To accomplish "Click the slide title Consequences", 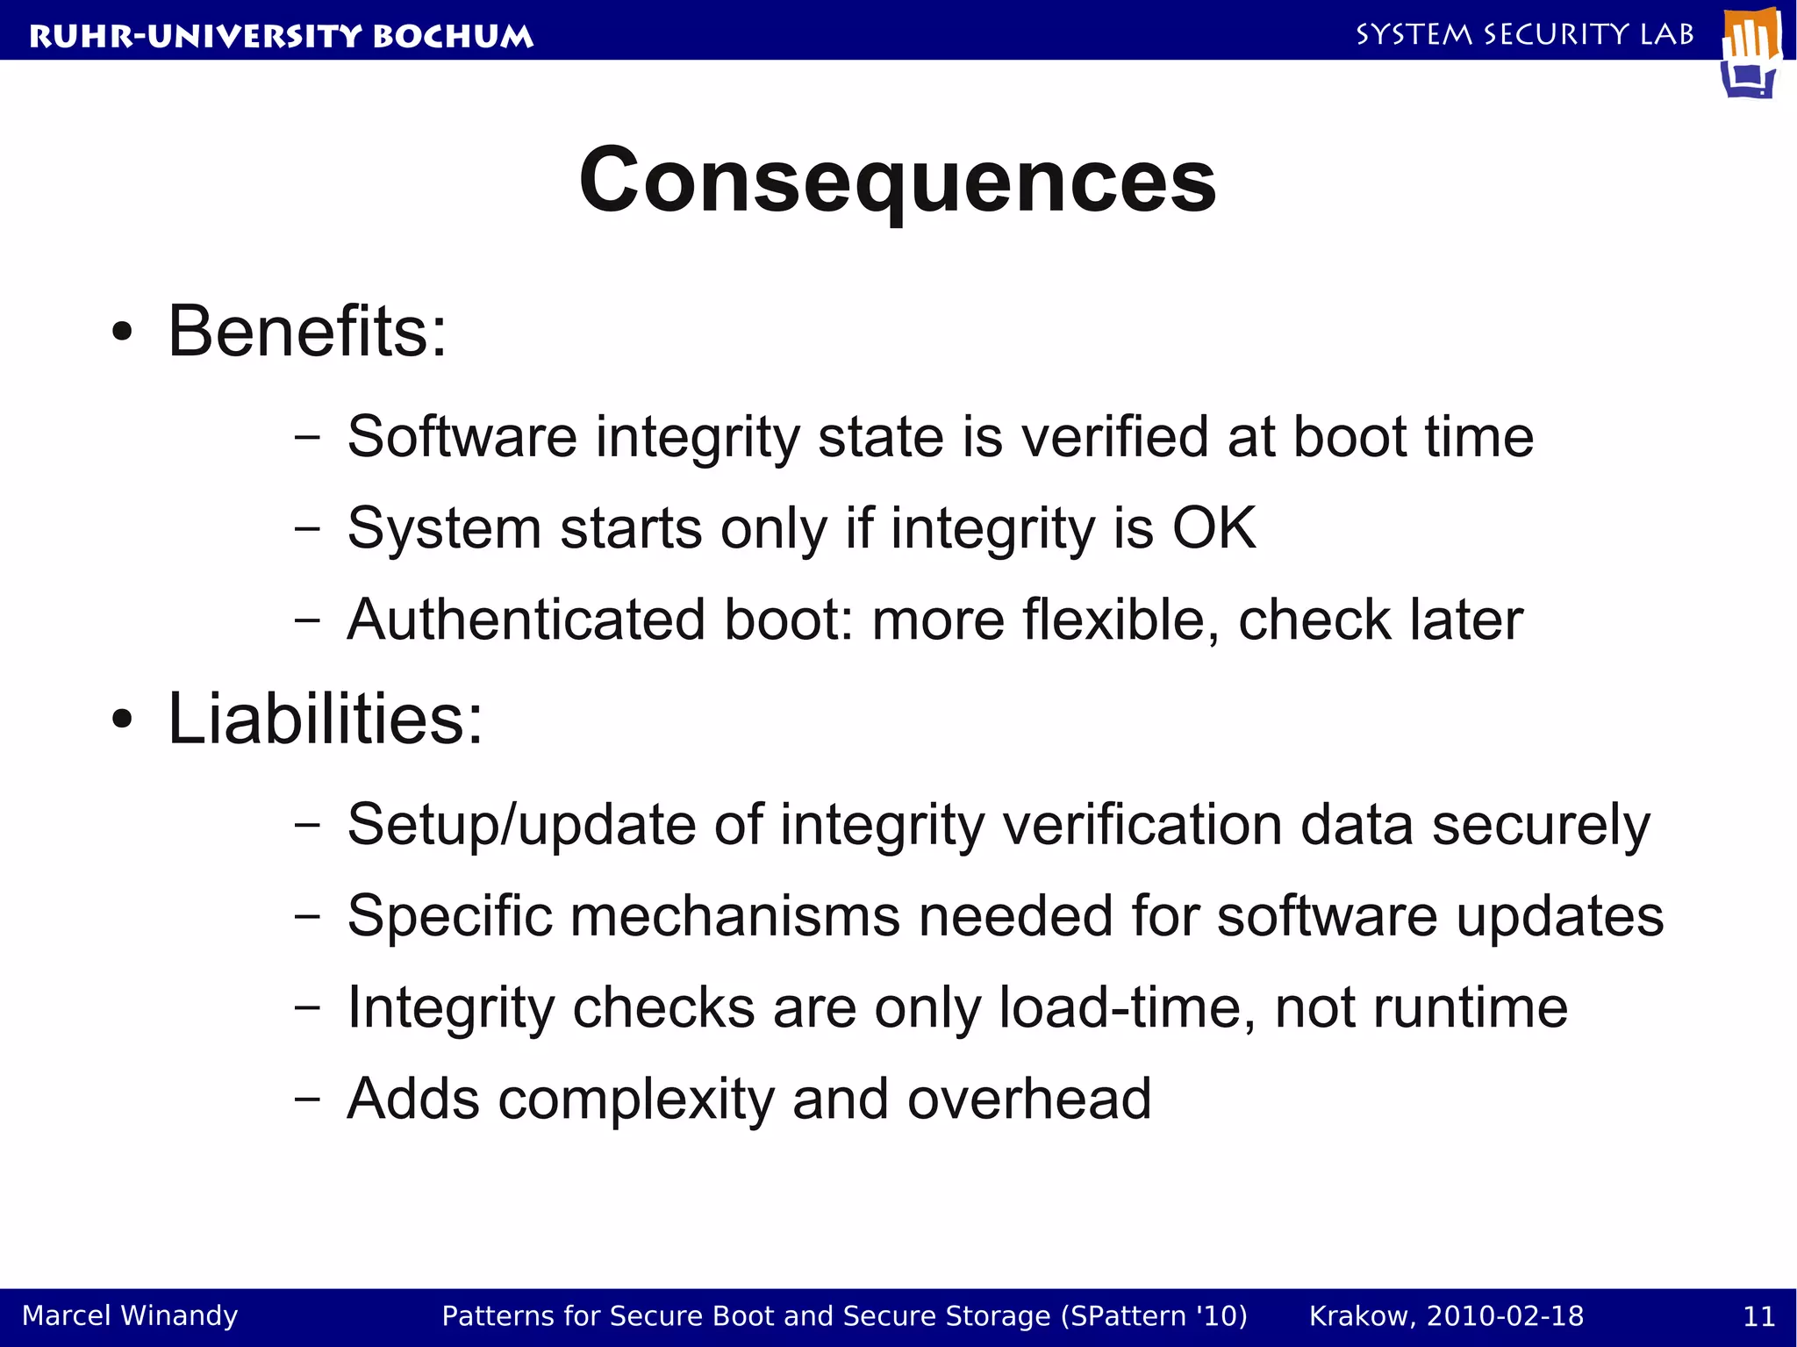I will click(897, 181).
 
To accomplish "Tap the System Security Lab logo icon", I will click(1751, 53).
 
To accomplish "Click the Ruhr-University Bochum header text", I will click(281, 36).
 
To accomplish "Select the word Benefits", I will click(307, 332).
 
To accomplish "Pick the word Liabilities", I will click(325, 720).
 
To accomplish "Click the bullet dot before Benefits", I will click(122, 333).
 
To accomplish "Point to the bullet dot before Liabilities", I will click(122, 720).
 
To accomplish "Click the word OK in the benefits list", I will click(1214, 528).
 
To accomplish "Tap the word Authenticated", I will click(526, 620).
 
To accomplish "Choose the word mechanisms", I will click(735, 917).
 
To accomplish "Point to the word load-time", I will click(1127, 1008).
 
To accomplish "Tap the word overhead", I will click(1028, 1100).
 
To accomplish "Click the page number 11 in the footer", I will click(1758, 1316).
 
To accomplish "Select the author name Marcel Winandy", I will click(130, 1316).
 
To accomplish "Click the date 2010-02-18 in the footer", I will click(1505, 1316).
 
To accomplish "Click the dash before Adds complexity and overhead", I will click(307, 1099).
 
